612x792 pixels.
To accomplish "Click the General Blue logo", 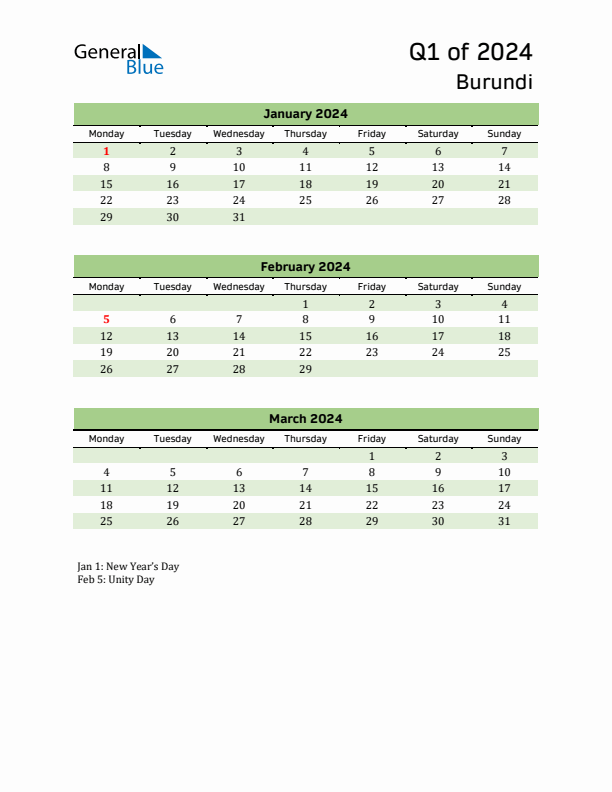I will [118, 58].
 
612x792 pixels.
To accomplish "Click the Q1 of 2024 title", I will [470, 51].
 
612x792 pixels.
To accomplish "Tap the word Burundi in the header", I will [494, 82].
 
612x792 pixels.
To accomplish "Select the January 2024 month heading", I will [305, 114].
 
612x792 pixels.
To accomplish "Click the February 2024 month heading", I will [305, 267].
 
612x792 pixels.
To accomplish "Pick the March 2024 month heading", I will [305, 419].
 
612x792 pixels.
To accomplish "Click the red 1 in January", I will [106, 151].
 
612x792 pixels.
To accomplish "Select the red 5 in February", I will [106, 320].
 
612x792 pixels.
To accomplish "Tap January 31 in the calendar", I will [238, 217].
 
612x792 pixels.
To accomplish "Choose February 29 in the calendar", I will [305, 369].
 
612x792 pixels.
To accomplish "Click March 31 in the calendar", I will [504, 521].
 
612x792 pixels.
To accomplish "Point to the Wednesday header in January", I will [238, 134].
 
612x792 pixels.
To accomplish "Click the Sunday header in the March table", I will [504, 438].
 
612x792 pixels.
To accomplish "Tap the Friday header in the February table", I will [371, 286].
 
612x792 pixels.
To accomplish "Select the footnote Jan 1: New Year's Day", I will [128, 566].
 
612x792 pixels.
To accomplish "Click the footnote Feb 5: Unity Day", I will [116, 579].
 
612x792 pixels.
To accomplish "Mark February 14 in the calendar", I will [238, 336].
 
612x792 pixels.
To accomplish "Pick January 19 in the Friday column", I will [371, 184].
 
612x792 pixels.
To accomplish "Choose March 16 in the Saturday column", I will [437, 488].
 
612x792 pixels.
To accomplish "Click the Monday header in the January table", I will [106, 134].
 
